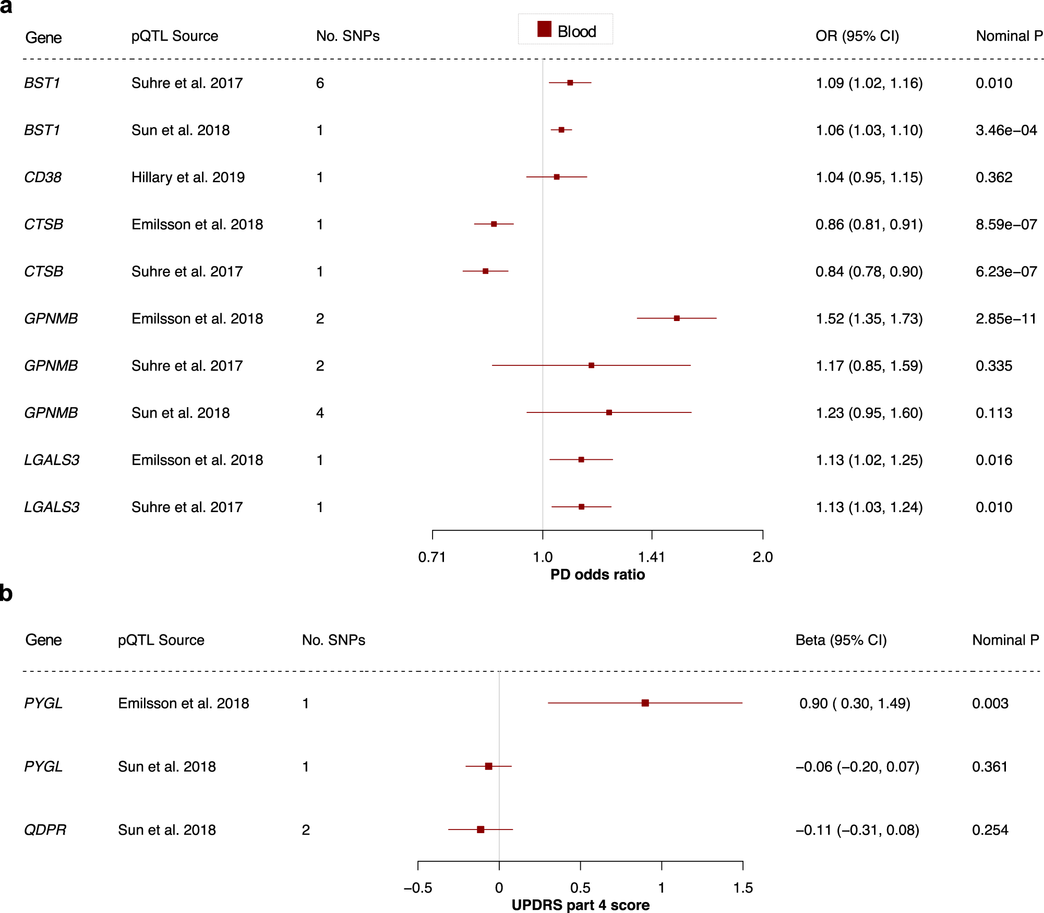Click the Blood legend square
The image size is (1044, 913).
point(544,29)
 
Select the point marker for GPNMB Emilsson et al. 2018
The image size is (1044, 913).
point(677,318)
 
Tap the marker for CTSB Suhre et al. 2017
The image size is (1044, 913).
point(485,271)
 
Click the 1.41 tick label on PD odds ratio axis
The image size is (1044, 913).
point(652,557)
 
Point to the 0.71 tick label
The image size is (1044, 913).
point(432,557)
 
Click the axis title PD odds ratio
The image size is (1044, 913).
point(597,575)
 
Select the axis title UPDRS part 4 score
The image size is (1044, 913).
point(580,905)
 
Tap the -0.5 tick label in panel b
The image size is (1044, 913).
point(417,888)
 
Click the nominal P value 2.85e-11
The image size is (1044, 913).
point(1006,318)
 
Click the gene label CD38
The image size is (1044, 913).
point(43,177)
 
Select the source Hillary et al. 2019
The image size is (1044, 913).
point(188,177)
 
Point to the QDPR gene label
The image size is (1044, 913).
point(45,830)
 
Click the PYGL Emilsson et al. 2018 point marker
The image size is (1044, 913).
point(645,703)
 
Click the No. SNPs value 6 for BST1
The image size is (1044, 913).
point(320,83)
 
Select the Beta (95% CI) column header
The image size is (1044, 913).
point(841,640)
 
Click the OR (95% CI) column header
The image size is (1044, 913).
point(857,36)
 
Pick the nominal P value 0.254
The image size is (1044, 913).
point(990,830)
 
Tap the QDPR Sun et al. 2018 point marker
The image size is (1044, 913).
point(481,829)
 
